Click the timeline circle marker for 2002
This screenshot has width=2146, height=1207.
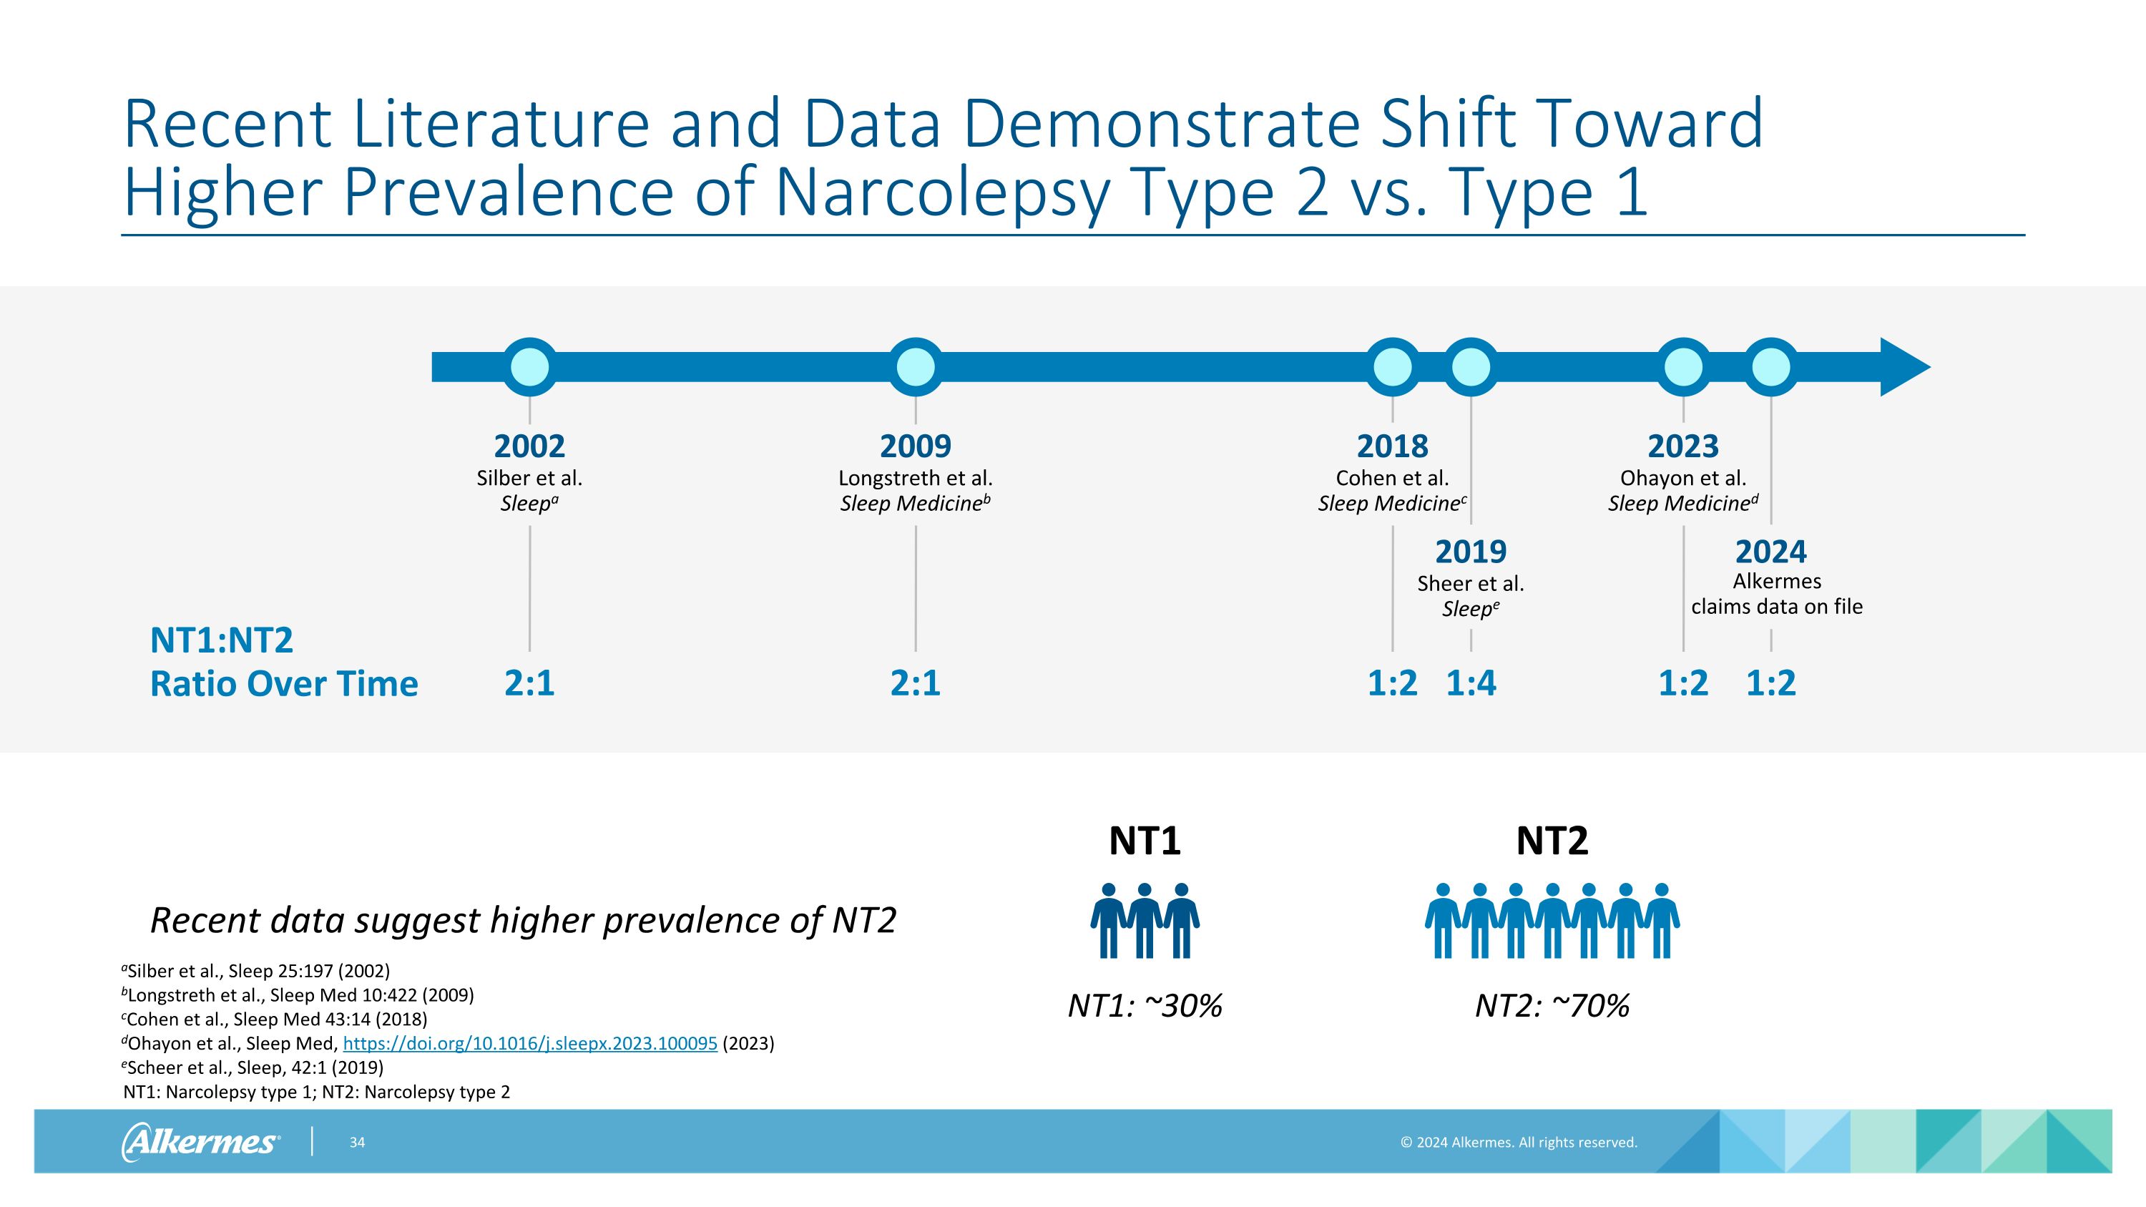point(529,366)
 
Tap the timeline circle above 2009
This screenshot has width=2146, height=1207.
point(916,366)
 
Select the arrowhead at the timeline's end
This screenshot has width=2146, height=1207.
point(1904,366)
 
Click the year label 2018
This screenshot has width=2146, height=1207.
point(1392,446)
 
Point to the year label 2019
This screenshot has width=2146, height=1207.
point(1471,552)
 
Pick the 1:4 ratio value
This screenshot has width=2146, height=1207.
point(1471,683)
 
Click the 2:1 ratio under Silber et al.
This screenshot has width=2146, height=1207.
point(529,683)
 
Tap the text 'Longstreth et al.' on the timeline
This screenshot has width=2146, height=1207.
point(915,478)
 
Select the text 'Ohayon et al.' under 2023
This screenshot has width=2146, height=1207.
point(1682,478)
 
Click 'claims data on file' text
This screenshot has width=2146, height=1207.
point(1776,607)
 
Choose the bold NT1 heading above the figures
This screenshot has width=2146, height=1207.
point(1145,841)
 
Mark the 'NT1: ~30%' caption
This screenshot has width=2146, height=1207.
point(1145,1005)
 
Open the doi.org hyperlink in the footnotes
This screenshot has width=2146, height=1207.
point(530,1043)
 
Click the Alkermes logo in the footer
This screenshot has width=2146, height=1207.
point(200,1141)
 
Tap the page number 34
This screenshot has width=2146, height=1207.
point(356,1142)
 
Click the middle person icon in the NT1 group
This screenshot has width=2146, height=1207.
point(1145,920)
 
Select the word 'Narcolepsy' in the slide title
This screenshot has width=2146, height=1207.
point(941,192)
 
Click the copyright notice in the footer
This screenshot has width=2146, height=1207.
point(1518,1142)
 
